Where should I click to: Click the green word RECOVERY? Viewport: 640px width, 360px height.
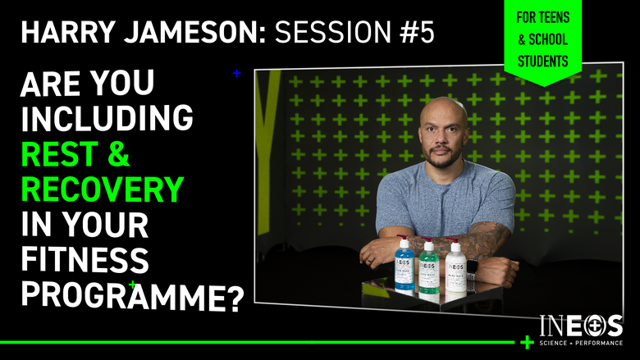[102, 190]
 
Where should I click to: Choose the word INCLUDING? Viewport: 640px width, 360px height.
[107, 119]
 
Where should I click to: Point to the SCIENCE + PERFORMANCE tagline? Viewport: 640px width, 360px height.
[581, 342]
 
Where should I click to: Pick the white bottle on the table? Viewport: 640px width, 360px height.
[455, 269]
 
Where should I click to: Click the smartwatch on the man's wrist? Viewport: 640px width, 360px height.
[472, 264]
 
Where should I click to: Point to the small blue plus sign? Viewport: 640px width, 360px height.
[237, 73]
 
